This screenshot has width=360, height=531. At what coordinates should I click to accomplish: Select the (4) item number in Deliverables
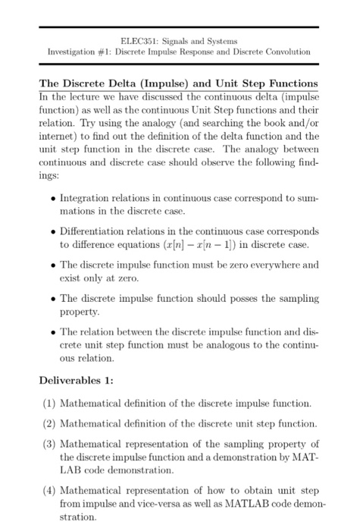tap(47, 489)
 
